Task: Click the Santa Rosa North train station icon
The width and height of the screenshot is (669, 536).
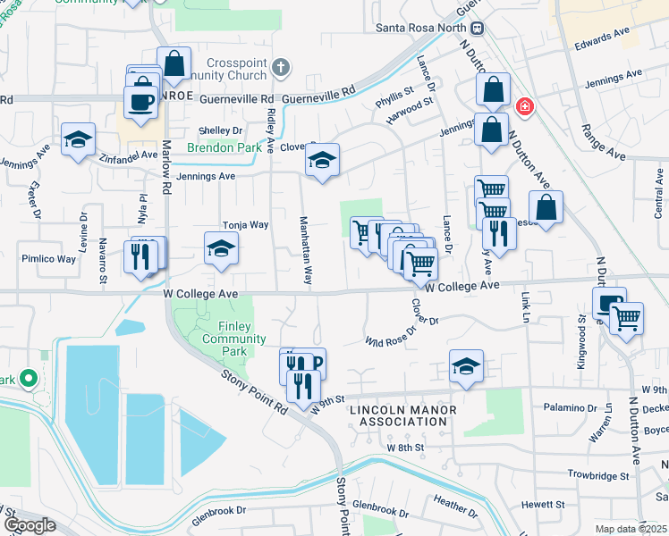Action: (478, 28)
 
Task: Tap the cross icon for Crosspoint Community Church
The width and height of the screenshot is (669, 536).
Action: (280, 67)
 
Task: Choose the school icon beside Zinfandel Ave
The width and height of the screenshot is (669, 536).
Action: (78, 139)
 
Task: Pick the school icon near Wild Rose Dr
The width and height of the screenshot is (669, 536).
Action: (465, 366)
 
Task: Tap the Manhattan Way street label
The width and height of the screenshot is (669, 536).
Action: (306, 250)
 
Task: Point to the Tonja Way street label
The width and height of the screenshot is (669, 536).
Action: (245, 225)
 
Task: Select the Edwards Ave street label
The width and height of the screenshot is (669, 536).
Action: (603, 38)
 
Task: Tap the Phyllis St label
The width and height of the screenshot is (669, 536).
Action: (394, 91)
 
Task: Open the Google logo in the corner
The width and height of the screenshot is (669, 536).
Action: (30, 525)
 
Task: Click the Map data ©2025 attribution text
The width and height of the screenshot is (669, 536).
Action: (630, 529)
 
